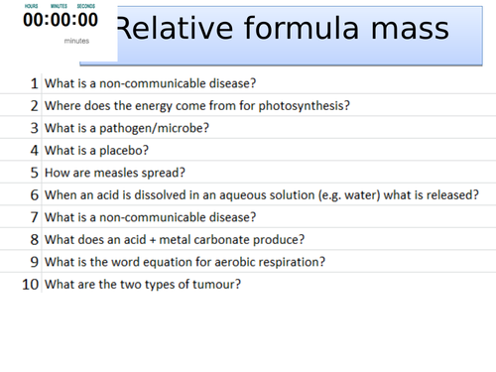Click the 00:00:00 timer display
pyautogui.click(x=61, y=21)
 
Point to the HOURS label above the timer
pyautogui.click(x=32, y=6)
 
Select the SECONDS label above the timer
pyautogui.click(x=86, y=6)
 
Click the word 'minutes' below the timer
pyautogui.click(x=75, y=42)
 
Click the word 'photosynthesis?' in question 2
pyautogui.click(x=303, y=106)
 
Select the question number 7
pyautogui.click(x=35, y=216)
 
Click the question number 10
pyautogui.click(x=31, y=284)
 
